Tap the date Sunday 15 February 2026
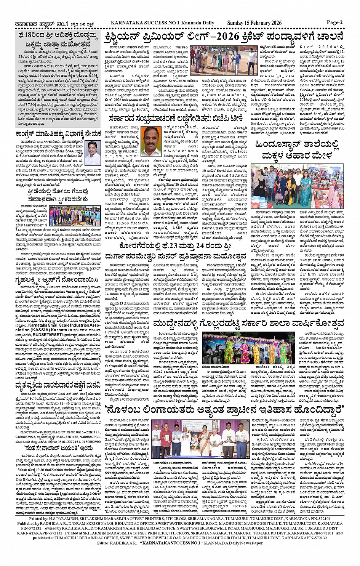(x=254, y=23)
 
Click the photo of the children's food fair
(x=297, y=186)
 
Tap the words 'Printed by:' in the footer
(x=40, y=519)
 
